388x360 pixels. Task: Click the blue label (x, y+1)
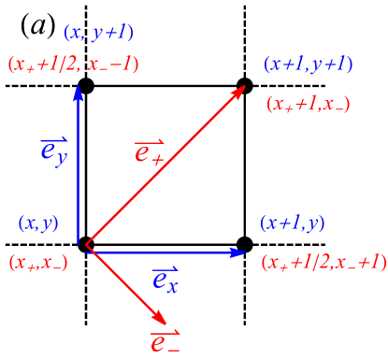(98, 34)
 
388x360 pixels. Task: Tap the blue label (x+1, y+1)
(309, 65)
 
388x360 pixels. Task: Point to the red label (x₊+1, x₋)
(309, 105)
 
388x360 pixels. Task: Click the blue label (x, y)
(38, 223)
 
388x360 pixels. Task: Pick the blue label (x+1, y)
(293, 223)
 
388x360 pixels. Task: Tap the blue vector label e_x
(165, 278)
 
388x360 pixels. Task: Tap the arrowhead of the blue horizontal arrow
(239, 252)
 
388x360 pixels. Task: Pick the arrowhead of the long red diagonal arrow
(240, 91)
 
